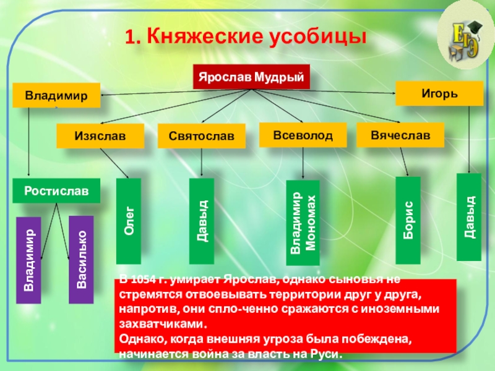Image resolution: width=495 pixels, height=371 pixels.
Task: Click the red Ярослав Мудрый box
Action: pos(251,77)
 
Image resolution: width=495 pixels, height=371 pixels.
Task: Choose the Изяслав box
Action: pos(100,136)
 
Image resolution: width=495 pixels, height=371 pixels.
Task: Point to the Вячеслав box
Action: pos(400,135)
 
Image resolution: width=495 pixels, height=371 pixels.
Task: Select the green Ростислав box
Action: pos(56,190)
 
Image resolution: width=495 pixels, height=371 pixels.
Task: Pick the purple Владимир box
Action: pos(28,260)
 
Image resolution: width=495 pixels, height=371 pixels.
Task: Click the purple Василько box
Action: pos(80,259)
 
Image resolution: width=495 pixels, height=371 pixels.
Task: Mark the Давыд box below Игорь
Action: pos(469,217)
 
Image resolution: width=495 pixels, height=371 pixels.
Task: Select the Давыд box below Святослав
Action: pos(202,220)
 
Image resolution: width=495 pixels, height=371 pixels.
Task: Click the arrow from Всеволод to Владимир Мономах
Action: pos(303,164)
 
